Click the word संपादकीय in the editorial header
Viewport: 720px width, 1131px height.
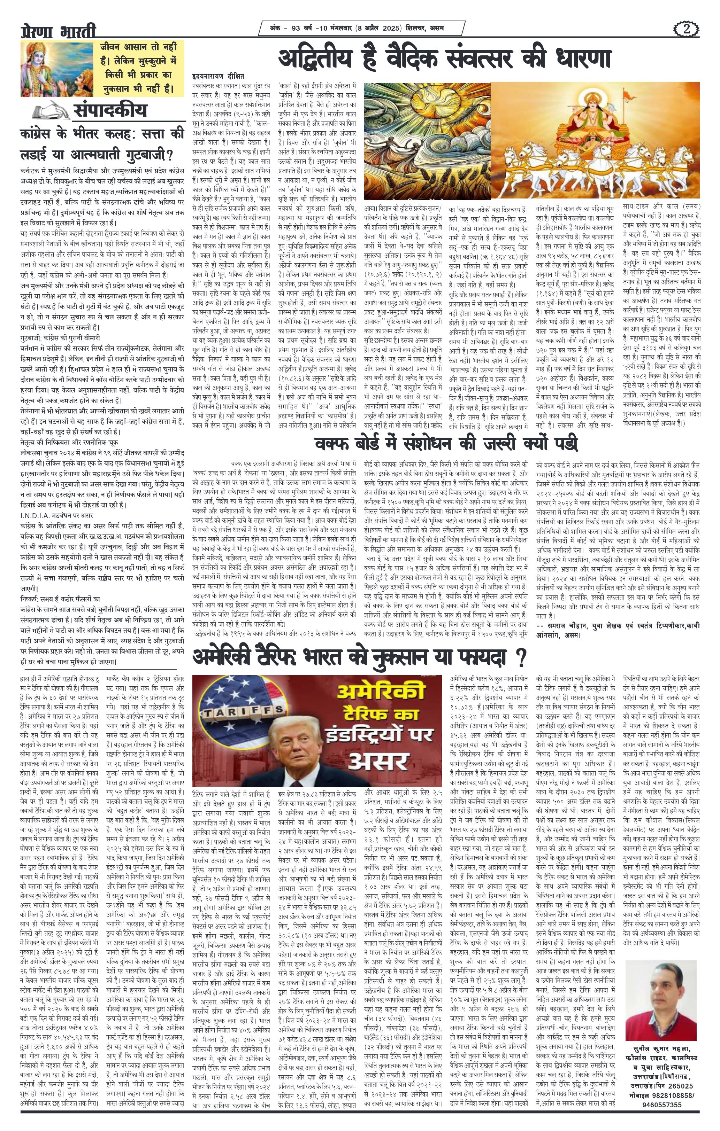110,111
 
